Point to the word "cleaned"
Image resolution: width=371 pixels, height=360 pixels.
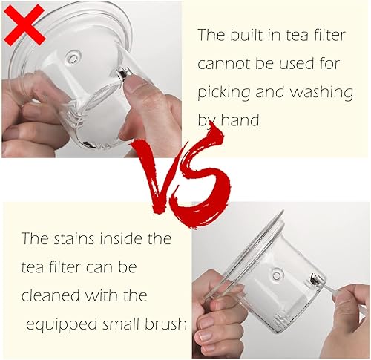click(x=50, y=295)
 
